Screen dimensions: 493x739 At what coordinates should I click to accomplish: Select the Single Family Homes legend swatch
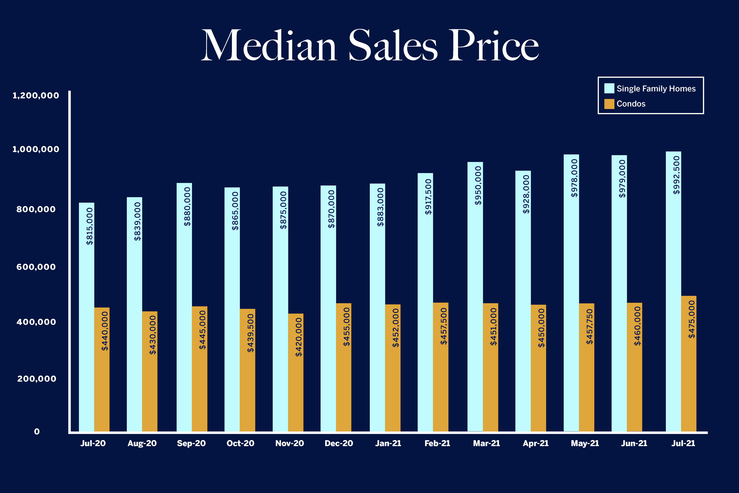[609, 88]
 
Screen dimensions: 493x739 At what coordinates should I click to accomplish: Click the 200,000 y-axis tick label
[37, 379]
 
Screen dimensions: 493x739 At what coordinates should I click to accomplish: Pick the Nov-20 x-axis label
[289, 443]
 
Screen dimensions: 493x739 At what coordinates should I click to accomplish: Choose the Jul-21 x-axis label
[683, 443]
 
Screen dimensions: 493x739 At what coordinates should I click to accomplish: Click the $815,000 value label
[90, 226]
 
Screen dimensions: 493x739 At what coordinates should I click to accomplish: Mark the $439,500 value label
[250, 333]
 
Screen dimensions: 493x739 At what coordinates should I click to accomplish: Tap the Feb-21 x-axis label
[437, 443]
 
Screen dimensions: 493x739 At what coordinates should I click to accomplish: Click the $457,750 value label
[589, 326]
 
